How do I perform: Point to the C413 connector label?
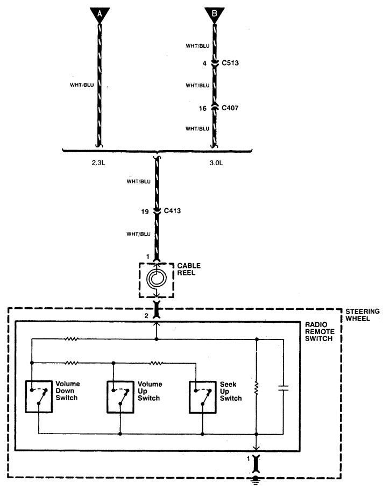coord(172,211)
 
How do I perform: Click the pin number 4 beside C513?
coord(204,63)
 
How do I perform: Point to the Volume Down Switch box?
coord(39,397)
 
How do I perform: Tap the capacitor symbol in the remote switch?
coord(283,388)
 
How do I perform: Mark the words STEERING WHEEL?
coord(363,315)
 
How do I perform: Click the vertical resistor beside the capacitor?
coord(257,388)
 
